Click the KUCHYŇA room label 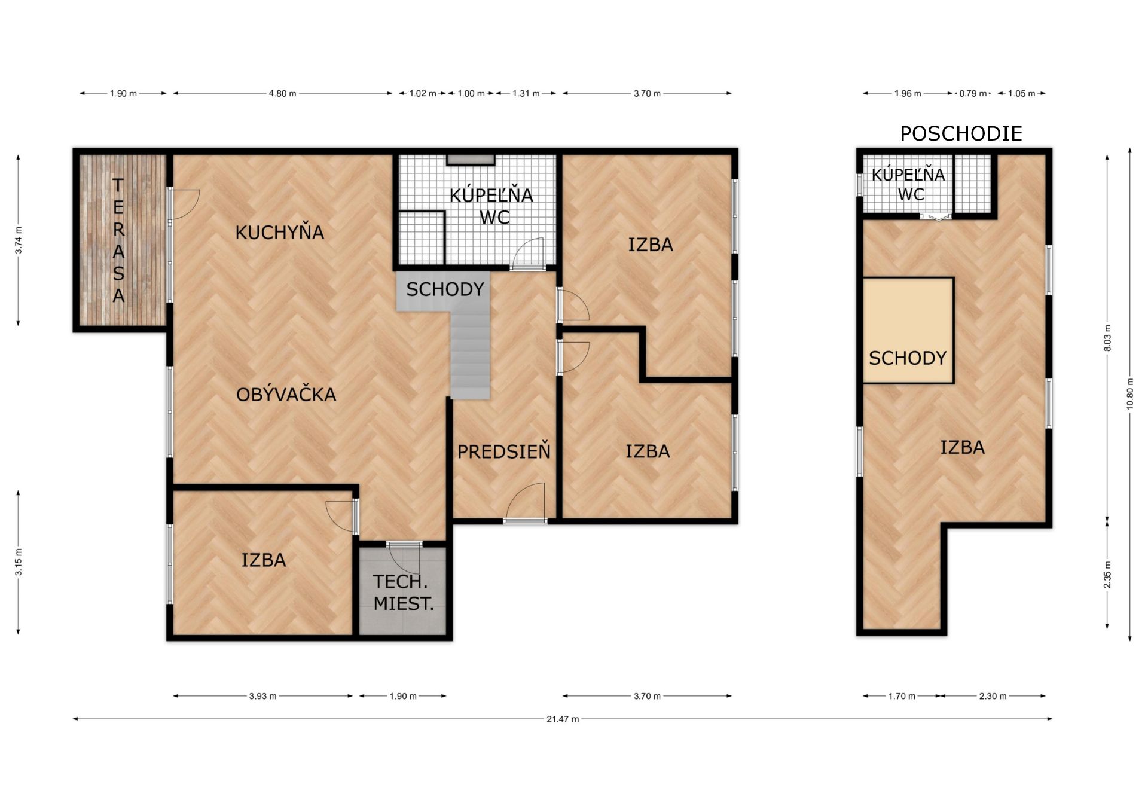[279, 232]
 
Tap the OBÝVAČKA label [286, 394]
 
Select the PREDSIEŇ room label [504, 451]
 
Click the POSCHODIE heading [961, 133]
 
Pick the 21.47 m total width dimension [563, 719]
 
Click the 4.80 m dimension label [282, 93]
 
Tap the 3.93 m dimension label [262, 696]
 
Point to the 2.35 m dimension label [1107, 575]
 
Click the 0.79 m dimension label [973, 93]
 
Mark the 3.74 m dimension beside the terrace [19, 240]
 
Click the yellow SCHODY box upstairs [908, 331]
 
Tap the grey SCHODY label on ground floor [445, 289]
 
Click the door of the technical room [403, 558]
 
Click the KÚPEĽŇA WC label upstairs [908, 184]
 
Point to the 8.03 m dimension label [1107, 338]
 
